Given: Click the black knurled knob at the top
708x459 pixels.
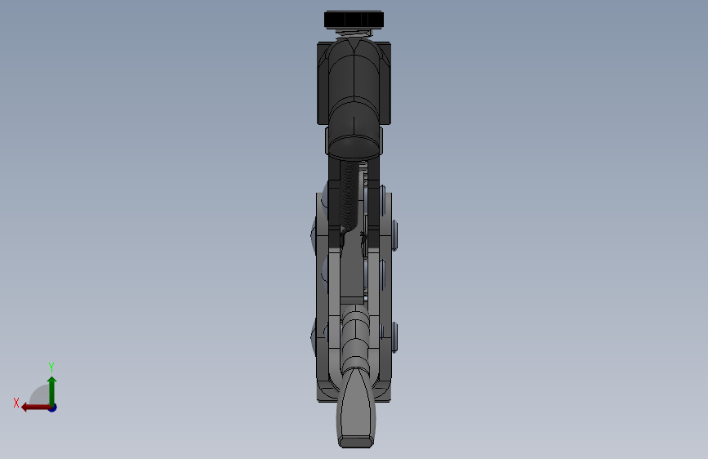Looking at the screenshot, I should [x=354, y=19].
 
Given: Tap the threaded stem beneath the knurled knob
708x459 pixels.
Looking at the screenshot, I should [x=354, y=32].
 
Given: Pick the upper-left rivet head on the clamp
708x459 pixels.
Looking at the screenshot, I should [x=314, y=237].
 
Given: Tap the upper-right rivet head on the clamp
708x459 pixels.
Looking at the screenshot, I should [x=395, y=234].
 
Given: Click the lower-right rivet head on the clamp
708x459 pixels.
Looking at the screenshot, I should [x=395, y=336].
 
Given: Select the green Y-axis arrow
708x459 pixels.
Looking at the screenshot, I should [x=51, y=389].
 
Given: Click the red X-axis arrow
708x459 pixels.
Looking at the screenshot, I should [x=33, y=407].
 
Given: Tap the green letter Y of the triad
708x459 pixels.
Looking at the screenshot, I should [x=51, y=368].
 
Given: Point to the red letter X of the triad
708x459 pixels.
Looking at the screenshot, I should [x=16, y=403].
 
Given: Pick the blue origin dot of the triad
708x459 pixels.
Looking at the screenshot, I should [x=52, y=407].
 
